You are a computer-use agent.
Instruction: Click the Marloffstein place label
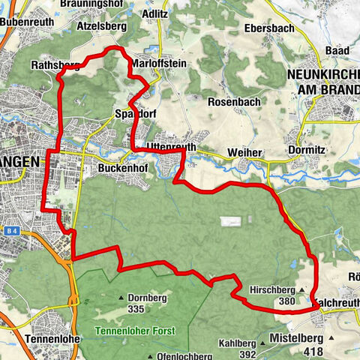click(158, 64)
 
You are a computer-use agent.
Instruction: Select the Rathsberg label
click(54, 65)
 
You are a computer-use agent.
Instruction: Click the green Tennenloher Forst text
click(135, 331)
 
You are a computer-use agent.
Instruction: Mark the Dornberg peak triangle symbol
click(121, 298)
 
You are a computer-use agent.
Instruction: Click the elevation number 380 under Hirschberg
click(286, 301)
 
